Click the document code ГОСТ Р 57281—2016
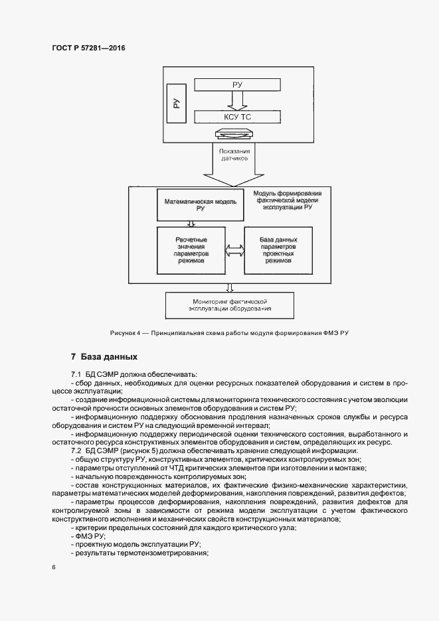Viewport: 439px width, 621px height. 88,48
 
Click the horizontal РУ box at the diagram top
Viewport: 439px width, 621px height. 237,85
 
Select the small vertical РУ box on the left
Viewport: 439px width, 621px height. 176,103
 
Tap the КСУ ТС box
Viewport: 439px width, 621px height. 237,117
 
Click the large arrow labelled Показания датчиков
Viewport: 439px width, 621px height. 233,166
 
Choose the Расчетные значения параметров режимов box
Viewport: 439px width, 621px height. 191,250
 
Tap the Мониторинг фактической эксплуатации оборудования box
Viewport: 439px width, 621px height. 230,305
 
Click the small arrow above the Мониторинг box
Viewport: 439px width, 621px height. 230,287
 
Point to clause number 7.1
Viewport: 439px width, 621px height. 76,376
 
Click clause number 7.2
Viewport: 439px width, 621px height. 76,451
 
